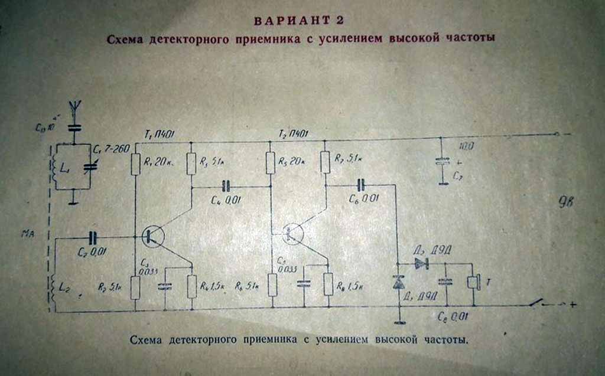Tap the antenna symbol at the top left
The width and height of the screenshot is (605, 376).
tap(74, 109)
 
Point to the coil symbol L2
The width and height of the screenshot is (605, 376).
tap(53, 289)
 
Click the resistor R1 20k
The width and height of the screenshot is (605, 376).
tap(135, 164)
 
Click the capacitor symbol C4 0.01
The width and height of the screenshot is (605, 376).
tap(225, 187)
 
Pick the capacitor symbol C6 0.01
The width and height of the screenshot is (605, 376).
tap(362, 184)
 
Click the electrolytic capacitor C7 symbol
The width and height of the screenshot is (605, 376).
tap(441, 161)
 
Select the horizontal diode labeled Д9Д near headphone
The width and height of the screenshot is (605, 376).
tap(421, 263)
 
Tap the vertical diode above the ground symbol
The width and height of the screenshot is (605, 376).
tap(400, 284)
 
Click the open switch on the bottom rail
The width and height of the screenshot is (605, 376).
tap(537, 303)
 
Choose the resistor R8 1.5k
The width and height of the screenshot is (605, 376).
tap(328, 284)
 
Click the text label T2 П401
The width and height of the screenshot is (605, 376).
tap(294, 133)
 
